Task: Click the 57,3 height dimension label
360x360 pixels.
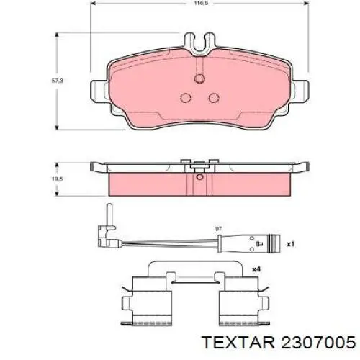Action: tap(58, 81)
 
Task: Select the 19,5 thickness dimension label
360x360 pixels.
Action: tap(58, 179)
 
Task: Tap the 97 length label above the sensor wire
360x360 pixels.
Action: tap(218, 229)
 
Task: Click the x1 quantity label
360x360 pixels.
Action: tap(290, 244)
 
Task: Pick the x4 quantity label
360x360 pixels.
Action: tap(256, 269)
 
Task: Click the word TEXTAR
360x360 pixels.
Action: tap(238, 342)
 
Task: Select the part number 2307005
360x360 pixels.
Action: tap(318, 342)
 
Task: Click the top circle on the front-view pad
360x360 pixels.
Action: tap(199, 78)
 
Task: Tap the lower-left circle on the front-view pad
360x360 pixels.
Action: tap(186, 98)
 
